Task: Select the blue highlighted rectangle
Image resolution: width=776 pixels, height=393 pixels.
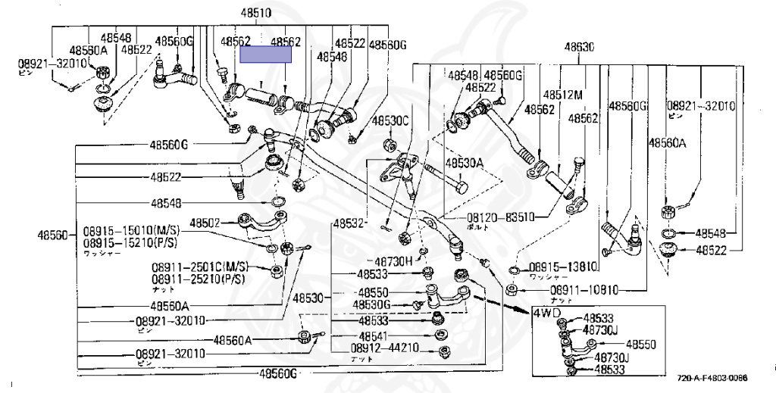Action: [266, 54]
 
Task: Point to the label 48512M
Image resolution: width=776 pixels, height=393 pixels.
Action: [562, 95]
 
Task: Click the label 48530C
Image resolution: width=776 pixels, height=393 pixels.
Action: [391, 121]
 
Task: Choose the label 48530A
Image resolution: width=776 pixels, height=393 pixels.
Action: [465, 163]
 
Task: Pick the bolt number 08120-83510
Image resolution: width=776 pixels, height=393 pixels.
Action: [499, 217]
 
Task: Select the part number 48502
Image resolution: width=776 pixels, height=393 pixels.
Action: [205, 223]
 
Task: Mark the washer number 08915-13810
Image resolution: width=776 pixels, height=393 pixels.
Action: [564, 267]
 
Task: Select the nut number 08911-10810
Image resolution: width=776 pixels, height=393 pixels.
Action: [584, 290]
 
